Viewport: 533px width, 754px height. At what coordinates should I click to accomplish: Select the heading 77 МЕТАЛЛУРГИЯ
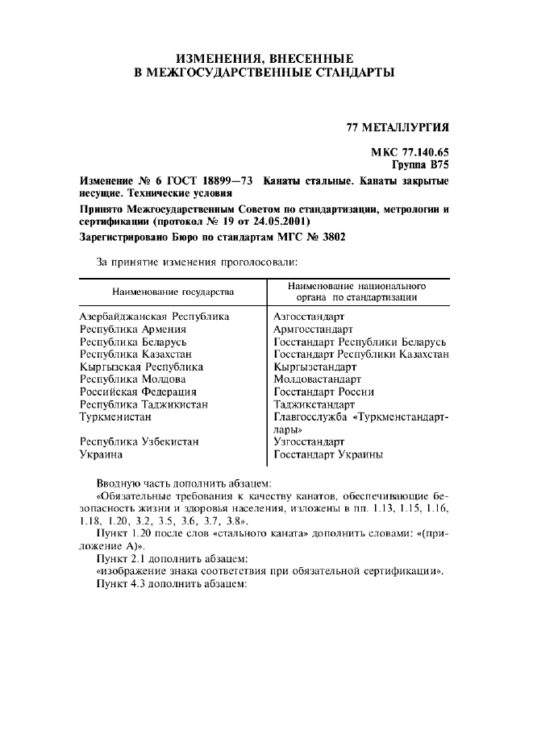(x=398, y=127)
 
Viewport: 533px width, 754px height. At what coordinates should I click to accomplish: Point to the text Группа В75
(x=420, y=164)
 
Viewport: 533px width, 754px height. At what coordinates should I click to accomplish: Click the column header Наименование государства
(x=173, y=291)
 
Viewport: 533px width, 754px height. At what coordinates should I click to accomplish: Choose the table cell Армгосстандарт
(x=314, y=329)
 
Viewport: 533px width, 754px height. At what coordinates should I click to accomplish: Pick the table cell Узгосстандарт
(x=310, y=441)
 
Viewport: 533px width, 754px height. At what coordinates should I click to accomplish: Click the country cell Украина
(x=101, y=454)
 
